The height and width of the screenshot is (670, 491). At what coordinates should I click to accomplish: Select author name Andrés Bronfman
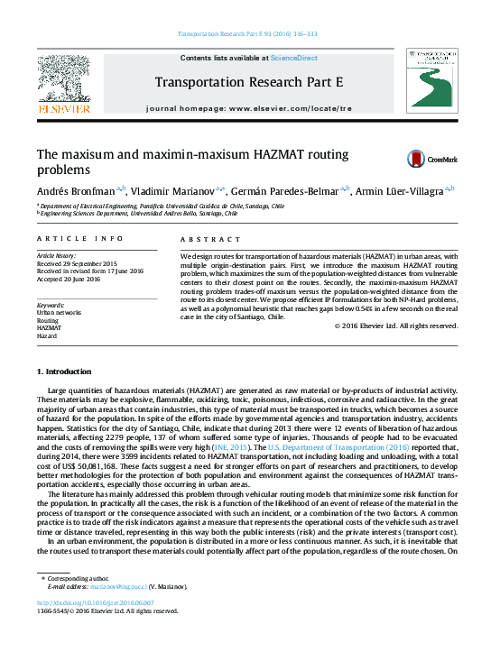[x=75, y=191]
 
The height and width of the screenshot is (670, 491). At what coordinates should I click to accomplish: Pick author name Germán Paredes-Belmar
[x=283, y=191]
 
